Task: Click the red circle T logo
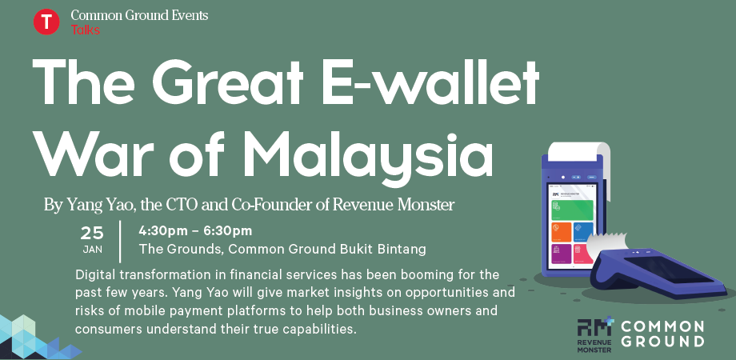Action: (46, 22)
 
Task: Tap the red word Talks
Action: (86, 30)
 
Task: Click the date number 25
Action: (92, 234)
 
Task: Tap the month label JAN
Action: (93, 250)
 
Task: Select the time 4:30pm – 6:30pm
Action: (195, 231)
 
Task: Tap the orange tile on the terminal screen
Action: (562, 232)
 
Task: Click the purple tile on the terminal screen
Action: (562, 254)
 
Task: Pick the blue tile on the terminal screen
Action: (583, 231)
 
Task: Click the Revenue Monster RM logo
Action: (595, 334)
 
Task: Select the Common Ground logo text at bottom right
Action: (662, 334)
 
